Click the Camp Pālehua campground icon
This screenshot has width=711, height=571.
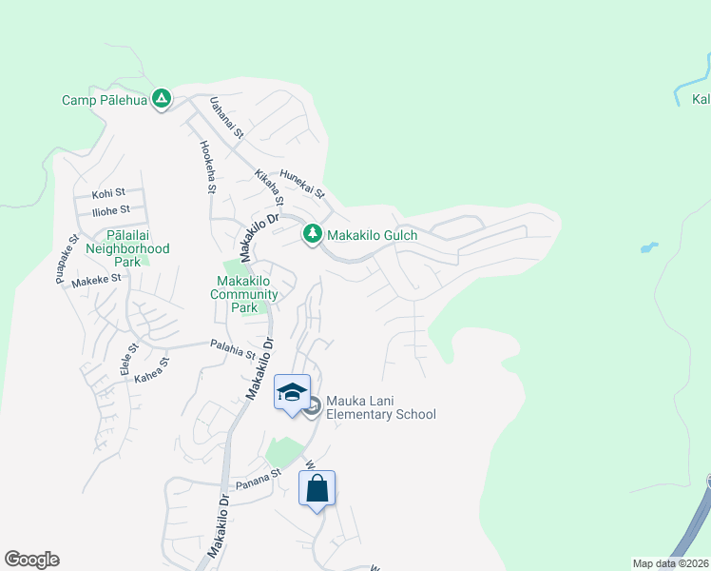[x=163, y=98]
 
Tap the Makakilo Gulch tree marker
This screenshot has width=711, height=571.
[x=312, y=234]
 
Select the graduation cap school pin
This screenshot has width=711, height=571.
[x=293, y=391]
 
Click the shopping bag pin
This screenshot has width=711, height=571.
[x=317, y=489]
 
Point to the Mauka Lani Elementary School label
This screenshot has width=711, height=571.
[x=380, y=407]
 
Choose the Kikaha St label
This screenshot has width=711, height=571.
[x=269, y=187]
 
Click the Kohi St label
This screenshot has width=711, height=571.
[x=103, y=193]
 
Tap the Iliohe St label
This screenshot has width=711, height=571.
[x=111, y=209]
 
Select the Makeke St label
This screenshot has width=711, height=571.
[x=97, y=279]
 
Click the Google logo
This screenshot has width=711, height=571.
[x=31, y=560]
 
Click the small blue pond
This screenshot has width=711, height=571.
[x=648, y=248]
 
